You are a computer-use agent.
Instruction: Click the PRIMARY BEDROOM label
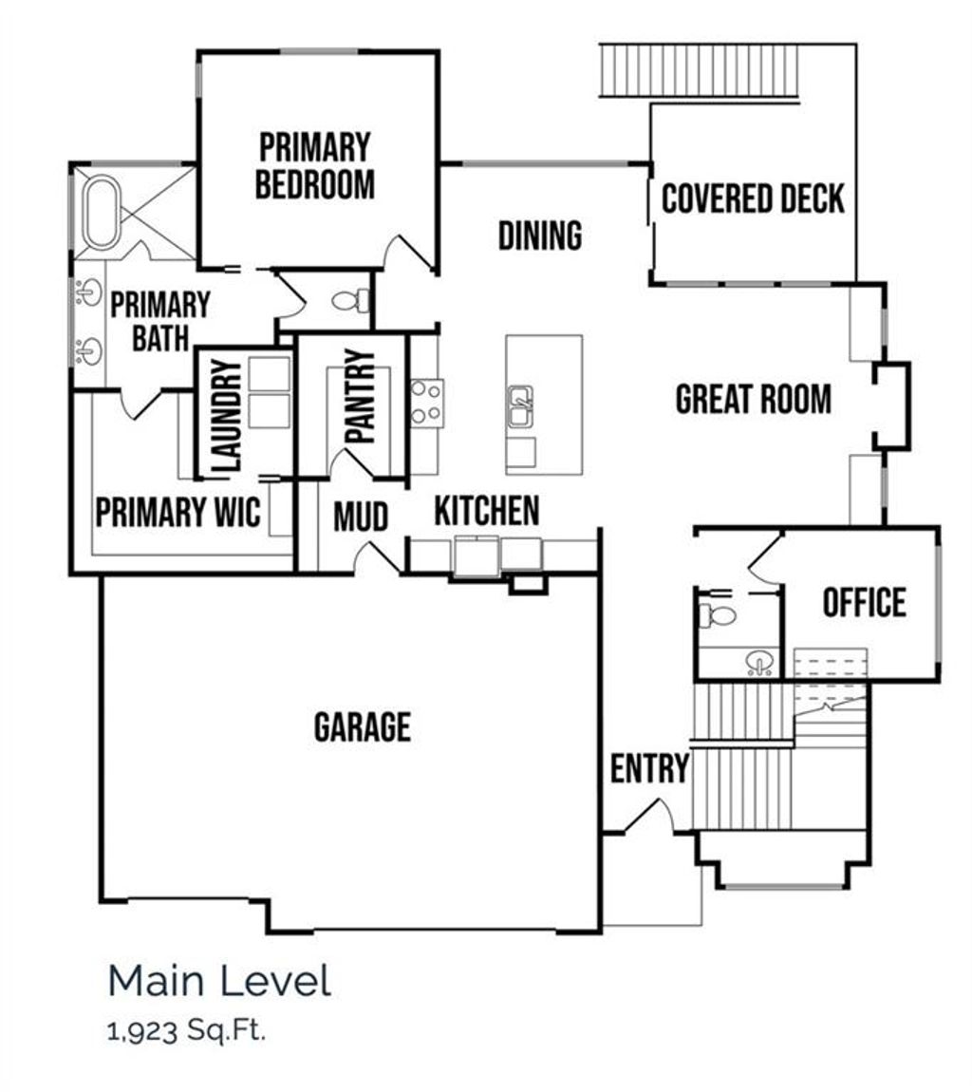pos(315,166)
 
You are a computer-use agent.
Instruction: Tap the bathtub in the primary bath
pos(101,211)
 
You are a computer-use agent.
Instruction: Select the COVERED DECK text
pos(753,199)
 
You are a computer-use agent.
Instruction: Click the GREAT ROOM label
pos(753,400)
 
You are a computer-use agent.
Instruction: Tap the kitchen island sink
pos(520,406)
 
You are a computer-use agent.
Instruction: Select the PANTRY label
pos(360,397)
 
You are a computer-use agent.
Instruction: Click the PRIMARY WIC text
pos(178,513)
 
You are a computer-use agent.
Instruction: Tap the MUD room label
pos(361,518)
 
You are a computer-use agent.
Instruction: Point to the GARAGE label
pos(363,727)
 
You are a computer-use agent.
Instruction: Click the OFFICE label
pos(864,603)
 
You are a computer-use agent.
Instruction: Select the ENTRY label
pos(649,769)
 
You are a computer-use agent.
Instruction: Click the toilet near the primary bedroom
pos(350,300)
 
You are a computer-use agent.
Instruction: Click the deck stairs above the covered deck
pos(701,69)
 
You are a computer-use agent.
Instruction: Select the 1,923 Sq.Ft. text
pos(187,1031)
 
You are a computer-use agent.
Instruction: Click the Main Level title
pos(220,981)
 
